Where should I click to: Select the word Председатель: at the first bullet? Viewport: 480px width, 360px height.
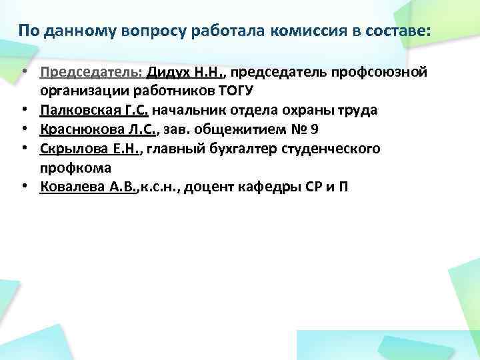[91, 72]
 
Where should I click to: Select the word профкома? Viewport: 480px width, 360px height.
[75, 167]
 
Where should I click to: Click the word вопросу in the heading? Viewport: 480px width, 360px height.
[149, 31]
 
